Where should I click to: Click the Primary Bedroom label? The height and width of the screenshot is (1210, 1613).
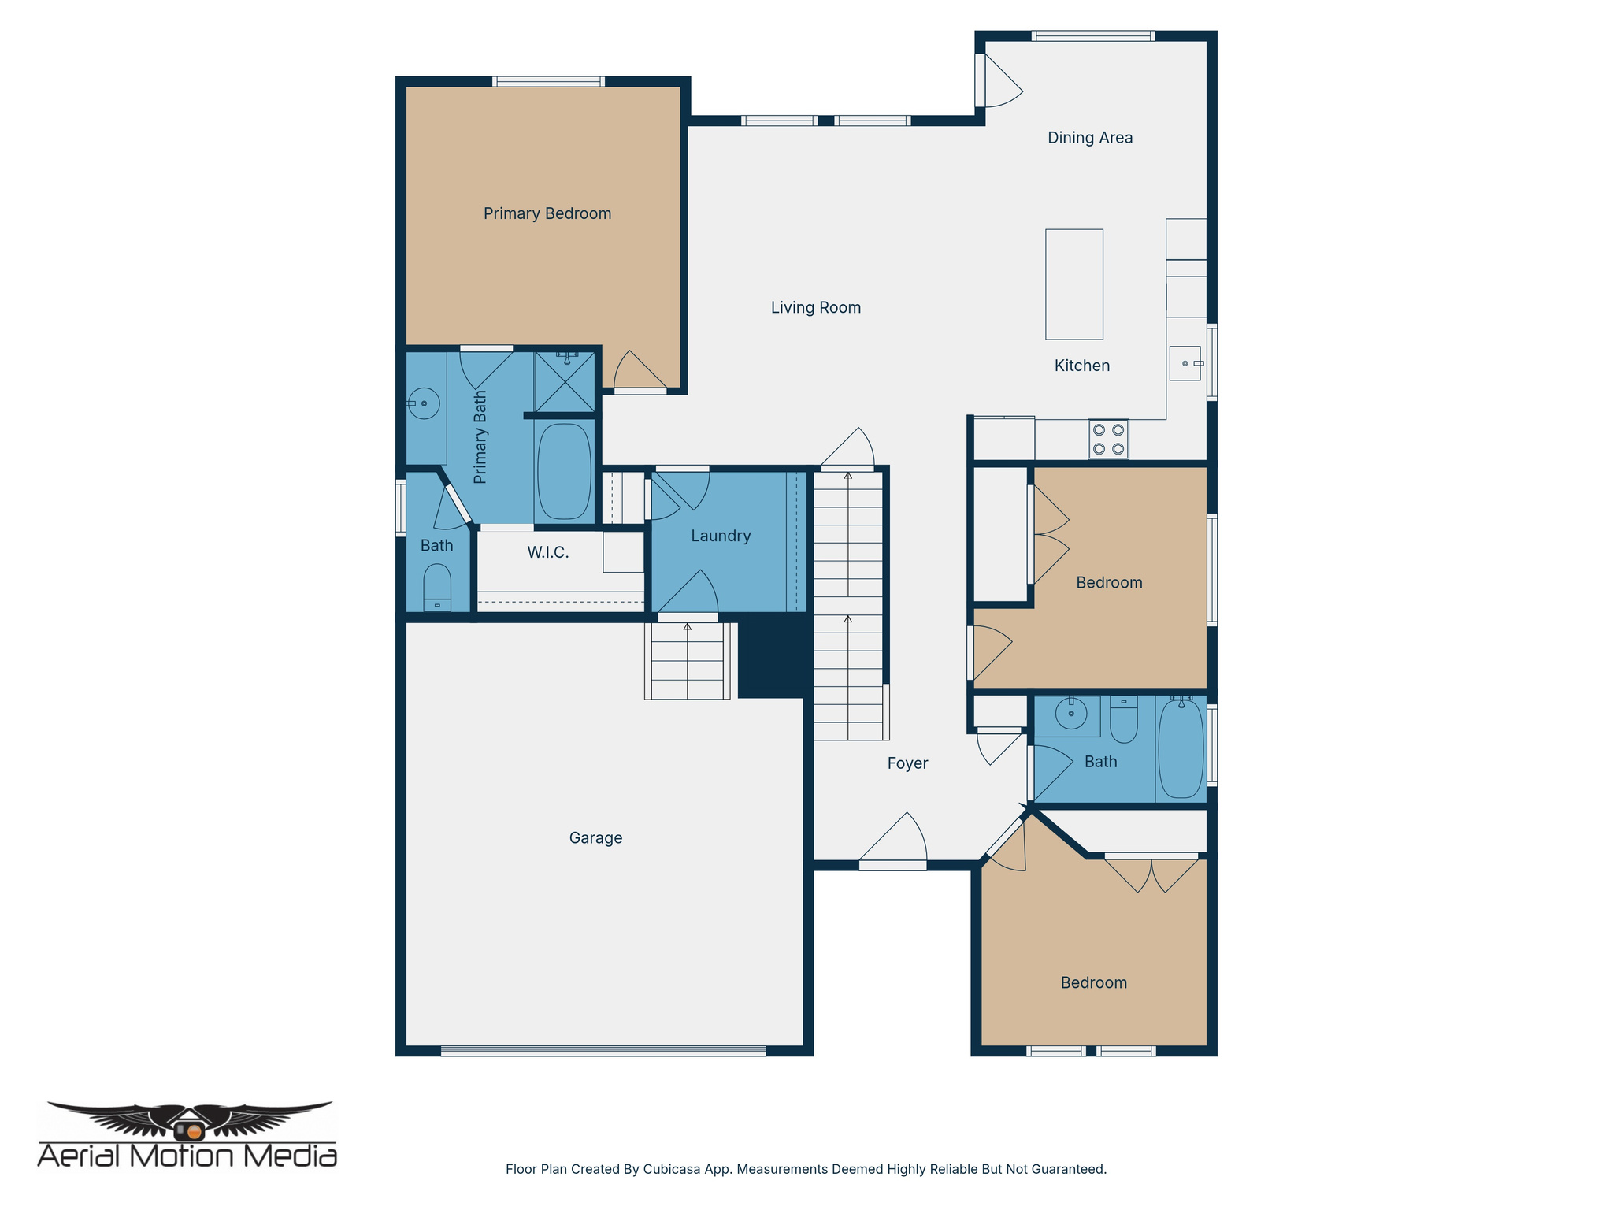point(547,213)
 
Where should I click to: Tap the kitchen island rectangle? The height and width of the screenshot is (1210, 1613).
point(1073,284)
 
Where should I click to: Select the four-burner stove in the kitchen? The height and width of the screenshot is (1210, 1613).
point(1108,440)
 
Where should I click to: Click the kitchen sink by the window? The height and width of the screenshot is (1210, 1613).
point(1185,363)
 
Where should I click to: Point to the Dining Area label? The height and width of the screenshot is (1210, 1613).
point(1089,138)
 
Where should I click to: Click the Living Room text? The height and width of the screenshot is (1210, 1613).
point(815,308)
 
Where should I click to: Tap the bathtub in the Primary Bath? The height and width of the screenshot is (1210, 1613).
point(564,471)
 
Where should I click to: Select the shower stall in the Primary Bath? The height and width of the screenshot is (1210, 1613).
point(565,382)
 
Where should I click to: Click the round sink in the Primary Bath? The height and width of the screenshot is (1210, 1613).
point(424,403)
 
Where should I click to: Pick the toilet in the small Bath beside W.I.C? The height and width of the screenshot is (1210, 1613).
point(437,587)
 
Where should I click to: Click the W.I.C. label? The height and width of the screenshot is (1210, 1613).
point(547,552)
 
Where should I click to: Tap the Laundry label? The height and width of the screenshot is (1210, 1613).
point(721,536)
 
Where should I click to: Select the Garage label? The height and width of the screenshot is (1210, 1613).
point(595,838)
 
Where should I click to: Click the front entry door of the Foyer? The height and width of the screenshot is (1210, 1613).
point(892,864)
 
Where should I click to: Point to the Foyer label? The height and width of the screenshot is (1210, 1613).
point(907,763)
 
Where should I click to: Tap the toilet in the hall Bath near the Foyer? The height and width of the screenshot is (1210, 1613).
point(1124,721)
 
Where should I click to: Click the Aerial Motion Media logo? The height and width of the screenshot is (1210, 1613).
point(187,1134)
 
